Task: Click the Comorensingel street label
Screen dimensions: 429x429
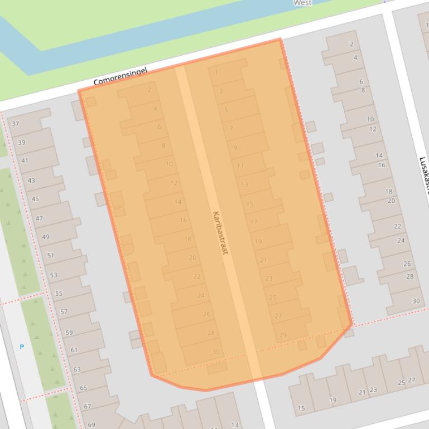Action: coord(120,77)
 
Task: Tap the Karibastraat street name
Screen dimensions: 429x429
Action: coord(220,232)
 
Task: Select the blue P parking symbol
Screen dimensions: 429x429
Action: coord(22,347)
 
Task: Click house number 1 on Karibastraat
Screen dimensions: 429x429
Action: coord(216,71)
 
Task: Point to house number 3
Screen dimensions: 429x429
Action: coord(221,91)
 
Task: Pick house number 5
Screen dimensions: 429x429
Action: coord(226,110)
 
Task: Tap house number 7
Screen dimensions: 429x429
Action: coord(231,129)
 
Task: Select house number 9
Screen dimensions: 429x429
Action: coord(235,148)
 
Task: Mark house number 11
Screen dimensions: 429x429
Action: coord(240,165)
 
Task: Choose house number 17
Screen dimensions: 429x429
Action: coord(254,222)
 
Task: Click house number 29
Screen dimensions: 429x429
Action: coord(283,335)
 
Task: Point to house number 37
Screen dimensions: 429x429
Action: coord(15,124)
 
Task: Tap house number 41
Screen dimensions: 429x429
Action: coord(25,160)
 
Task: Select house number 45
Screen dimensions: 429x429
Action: coord(35,199)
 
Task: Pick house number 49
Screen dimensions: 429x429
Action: coord(45,237)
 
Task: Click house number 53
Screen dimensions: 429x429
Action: coord(54,275)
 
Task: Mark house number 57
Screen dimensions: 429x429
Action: coord(64,312)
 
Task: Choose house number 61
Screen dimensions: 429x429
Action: coord(74,350)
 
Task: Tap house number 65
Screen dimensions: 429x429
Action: coord(83,388)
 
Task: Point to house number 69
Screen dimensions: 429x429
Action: coord(91,425)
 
